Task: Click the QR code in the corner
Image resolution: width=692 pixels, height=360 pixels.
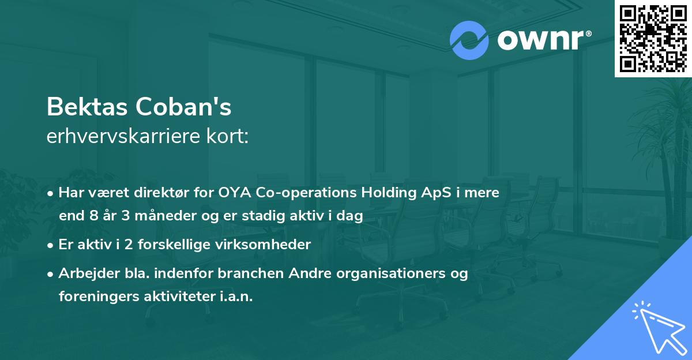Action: [x=653, y=38]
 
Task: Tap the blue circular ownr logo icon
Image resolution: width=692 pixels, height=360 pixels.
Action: [x=469, y=40]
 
